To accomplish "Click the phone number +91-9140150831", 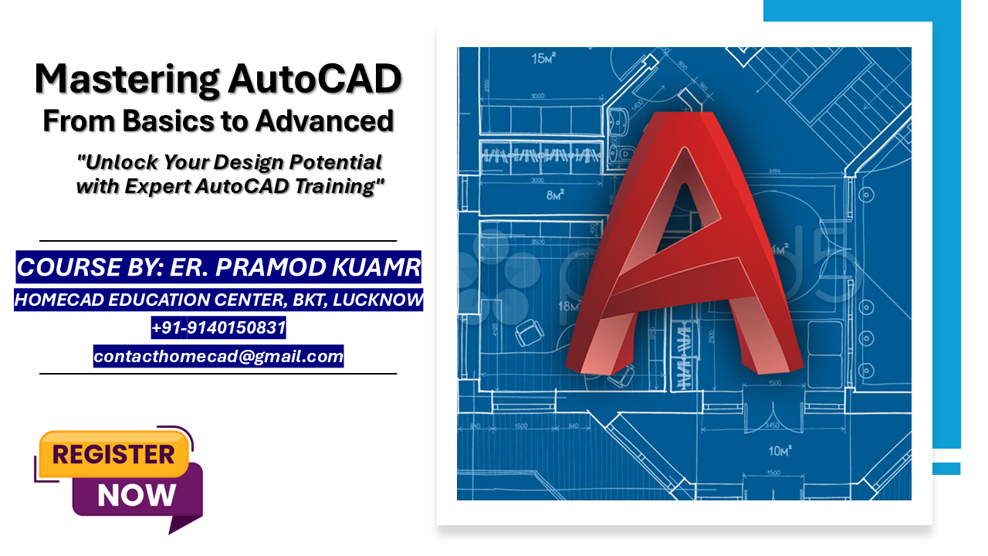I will coord(218,328).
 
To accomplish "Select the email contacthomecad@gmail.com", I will coord(218,356).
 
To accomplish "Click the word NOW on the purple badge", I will coord(137,495).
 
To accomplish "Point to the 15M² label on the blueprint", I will coord(543,58).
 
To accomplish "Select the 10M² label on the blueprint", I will coord(780,450).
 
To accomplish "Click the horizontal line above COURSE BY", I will coord(218,241).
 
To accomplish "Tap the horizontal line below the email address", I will coord(218,374).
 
